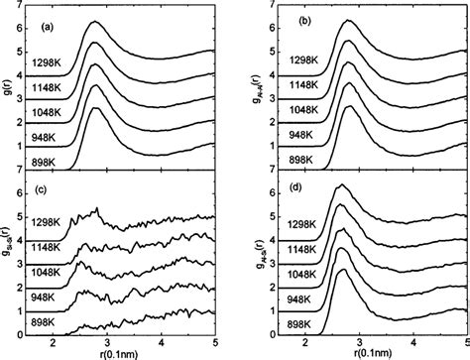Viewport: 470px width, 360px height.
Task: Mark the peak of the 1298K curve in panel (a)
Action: point(94,22)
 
